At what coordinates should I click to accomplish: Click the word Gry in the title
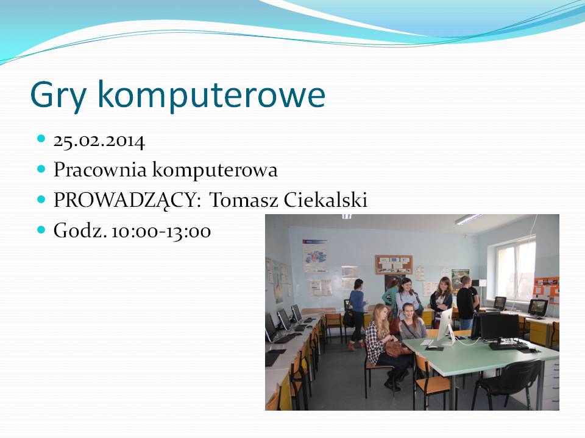[x=58, y=96]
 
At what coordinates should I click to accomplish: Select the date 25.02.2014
[x=99, y=141]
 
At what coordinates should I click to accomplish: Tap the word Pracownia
[x=101, y=170]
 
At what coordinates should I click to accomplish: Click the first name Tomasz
[x=244, y=200]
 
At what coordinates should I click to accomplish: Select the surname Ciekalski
[x=325, y=200]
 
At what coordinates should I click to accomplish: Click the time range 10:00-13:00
[x=161, y=231]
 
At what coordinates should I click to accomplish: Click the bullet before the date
[x=41, y=139]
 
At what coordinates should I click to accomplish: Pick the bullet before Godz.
[x=41, y=229]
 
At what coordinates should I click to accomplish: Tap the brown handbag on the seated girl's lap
[x=395, y=349]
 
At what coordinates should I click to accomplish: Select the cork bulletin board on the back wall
[x=394, y=264]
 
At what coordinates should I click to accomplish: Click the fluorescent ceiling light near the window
[x=467, y=219]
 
